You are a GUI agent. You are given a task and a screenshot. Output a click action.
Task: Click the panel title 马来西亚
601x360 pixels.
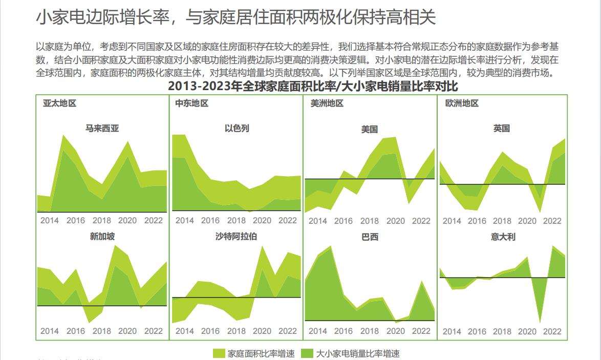(x=102, y=129)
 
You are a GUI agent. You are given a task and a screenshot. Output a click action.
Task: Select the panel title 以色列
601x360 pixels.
(x=237, y=129)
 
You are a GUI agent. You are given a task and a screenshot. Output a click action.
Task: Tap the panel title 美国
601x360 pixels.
(x=370, y=130)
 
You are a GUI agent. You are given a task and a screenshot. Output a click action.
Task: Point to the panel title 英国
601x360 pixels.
(x=502, y=129)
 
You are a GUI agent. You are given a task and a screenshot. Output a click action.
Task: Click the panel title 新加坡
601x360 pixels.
(x=102, y=236)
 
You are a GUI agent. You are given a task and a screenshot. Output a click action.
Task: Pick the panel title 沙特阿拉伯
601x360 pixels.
(x=237, y=236)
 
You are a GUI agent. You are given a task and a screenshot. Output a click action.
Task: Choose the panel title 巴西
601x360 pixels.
(x=370, y=237)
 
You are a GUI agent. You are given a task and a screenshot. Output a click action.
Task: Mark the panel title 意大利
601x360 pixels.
(x=502, y=237)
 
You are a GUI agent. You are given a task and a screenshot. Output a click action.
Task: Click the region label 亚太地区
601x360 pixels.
(x=60, y=103)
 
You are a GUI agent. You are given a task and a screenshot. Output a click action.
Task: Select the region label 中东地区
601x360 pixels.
(x=192, y=103)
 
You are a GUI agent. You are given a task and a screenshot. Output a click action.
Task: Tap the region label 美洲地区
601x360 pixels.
(x=327, y=103)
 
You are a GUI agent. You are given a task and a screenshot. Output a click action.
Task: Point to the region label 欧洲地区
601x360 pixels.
(x=462, y=103)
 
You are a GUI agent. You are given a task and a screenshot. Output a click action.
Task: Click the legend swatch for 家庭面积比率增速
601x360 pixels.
(x=219, y=353)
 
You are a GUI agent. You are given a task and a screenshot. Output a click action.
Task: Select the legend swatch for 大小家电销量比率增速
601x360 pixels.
(x=307, y=353)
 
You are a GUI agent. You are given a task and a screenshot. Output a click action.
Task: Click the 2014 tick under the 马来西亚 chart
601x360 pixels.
(x=50, y=220)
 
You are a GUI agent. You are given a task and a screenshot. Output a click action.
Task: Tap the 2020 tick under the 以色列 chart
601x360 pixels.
(x=262, y=220)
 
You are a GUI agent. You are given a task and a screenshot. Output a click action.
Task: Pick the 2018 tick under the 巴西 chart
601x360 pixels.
(x=370, y=331)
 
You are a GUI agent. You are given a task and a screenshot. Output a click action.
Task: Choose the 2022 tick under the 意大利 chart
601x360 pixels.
(x=552, y=331)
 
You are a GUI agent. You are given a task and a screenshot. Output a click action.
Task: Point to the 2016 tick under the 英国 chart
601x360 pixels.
(x=477, y=221)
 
